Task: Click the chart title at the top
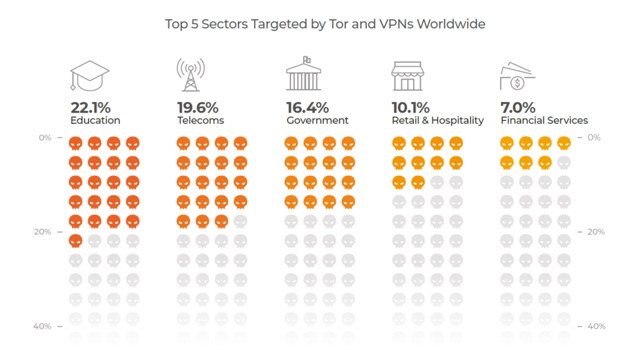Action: [325, 24]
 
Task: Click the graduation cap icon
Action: [90, 75]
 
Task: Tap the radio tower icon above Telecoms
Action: [190, 75]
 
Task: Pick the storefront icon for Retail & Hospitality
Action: [408, 76]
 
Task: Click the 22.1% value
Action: [90, 107]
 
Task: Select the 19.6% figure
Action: [198, 107]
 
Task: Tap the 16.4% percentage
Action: [307, 107]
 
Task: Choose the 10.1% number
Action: [411, 107]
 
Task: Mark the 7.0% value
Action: [518, 107]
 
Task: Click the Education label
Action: [95, 120]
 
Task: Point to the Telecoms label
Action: [200, 120]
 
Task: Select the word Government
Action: [317, 120]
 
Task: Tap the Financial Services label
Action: [544, 120]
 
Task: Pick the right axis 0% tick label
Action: [593, 137]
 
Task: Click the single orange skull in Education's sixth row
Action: [75, 240]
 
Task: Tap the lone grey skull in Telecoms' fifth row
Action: [240, 221]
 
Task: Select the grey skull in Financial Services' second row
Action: [564, 163]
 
